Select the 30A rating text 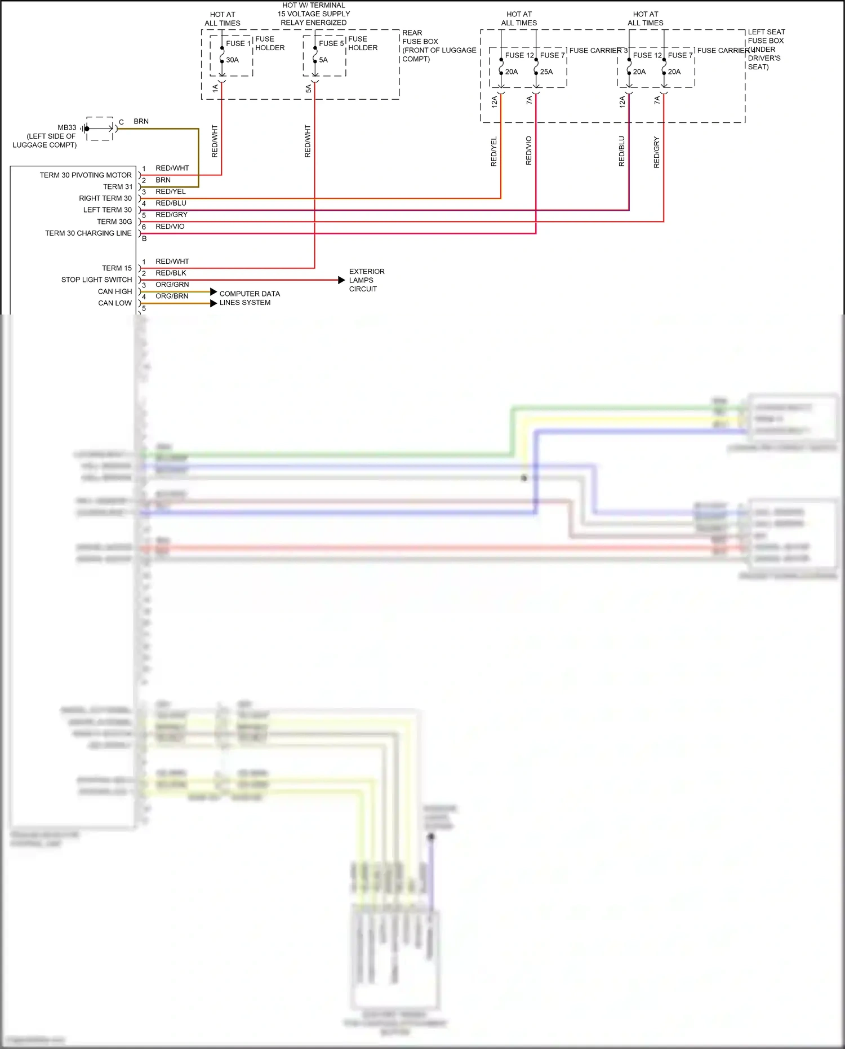pyautogui.click(x=233, y=60)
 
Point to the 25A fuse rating pyautogui.click(x=546, y=72)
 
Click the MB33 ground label pyautogui.click(x=66, y=127)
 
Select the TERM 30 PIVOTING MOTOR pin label pyautogui.click(x=86, y=175)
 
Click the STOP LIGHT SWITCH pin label pyautogui.click(x=96, y=280)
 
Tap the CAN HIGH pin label pyautogui.click(x=114, y=291)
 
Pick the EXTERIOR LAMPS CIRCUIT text pyautogui.click(x=366, y=280)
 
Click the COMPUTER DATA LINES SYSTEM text pyautogui.click(x=249, y=298)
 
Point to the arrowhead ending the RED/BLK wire pyautogui.click(x=341, y=280)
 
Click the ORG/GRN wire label pyautogui.click(x=172, y=285)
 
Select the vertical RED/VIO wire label pyautogui.click(x=528, y=151)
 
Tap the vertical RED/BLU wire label pyautogui.click(x=622, y=151)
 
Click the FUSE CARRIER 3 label pyautogui.click(x=598, y=51)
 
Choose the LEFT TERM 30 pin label pyautogui.click(x=107, y=210)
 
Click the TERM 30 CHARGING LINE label pyautogui.click(x=88, y=233)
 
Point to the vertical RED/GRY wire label pyautogui.click(x=656, y=152)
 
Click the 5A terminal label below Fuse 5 pyautogui.click(x=308, y=88)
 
